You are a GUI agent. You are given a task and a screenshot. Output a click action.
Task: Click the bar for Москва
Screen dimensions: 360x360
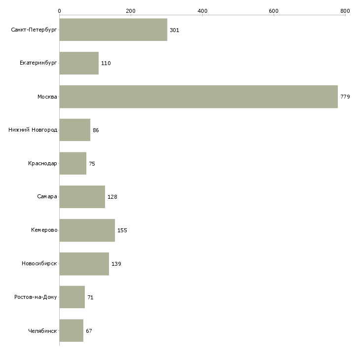(198, 97)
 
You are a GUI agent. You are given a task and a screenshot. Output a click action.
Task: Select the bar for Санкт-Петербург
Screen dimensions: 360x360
(113, 30)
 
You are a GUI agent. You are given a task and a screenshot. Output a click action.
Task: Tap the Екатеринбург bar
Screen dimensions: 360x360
(79, 63)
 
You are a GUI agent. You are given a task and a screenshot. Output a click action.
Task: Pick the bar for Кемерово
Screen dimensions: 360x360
(87, 230)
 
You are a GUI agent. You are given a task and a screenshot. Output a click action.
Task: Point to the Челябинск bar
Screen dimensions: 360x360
(71, 330)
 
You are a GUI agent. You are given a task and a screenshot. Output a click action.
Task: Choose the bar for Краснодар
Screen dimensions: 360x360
(72, 163)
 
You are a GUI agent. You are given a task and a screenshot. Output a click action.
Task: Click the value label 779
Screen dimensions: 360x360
(345, 97)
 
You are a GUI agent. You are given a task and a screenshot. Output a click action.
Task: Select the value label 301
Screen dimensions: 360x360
(174, 30)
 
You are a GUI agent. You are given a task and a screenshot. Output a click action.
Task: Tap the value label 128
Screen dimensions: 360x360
(112, 197)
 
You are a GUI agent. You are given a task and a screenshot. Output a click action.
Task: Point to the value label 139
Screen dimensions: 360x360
(116, 264)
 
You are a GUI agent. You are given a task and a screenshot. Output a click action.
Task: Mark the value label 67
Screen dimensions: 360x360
(89, 331)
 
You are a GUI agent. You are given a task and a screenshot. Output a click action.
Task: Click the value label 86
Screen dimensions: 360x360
(96, 130)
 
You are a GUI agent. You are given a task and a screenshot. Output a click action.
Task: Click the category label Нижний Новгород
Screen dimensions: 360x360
(33, 130)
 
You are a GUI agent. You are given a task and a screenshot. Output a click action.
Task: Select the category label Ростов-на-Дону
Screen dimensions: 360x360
(36, 297)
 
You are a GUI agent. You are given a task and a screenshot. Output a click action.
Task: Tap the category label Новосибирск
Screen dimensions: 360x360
(39, 264)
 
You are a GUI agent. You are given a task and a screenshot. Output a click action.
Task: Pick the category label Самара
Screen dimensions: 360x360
(47, 197)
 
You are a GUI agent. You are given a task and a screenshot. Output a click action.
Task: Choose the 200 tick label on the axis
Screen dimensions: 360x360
(131, 10)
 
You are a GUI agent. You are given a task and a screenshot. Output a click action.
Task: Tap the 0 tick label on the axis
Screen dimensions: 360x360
(59, 10)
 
